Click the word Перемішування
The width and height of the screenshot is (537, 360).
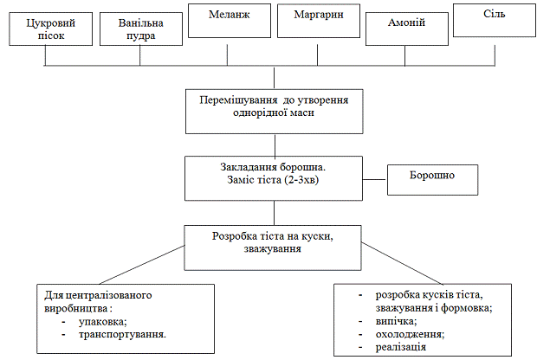pos(231,100)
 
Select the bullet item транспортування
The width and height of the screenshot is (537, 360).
pos(121,333)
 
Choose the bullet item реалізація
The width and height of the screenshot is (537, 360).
pos(401,346)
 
